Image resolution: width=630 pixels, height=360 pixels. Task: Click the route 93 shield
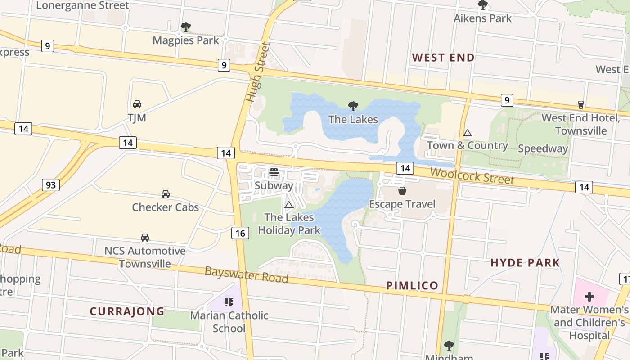(x=51, y=184)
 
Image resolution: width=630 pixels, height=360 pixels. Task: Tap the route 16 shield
(x=241, y=233)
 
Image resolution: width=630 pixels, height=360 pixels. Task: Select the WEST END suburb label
(x=443, y=58)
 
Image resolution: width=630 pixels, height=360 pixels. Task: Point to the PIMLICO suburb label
(x=412, y=285)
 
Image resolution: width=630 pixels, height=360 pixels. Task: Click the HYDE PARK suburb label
(x=525, y=263)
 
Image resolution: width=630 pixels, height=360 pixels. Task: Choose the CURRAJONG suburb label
(x=127, y=311)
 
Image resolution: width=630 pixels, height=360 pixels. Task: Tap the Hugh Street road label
(x=258, y=72)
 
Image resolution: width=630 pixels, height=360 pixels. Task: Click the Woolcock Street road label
(x=472, y=175)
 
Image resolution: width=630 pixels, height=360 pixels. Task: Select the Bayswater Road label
(x=246, y=274)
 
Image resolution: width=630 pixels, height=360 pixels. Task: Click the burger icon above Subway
(x=274, y=172)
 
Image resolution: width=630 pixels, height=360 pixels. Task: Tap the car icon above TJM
(x=137, y=104)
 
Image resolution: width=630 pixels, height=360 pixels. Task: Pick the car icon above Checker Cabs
(x=166, y=194)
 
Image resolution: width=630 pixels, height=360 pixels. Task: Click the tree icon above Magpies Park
(x=185, y=27)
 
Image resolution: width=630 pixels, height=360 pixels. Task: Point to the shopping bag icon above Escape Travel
(x=402, y=191)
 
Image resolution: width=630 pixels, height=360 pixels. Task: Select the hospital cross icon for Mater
(x=589, y=297)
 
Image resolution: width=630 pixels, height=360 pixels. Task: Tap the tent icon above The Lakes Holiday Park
(x=289, y=205)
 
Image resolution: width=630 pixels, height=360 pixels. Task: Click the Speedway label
(x=543, y=148)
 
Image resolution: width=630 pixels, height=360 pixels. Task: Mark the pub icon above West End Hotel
(x=581, y=104)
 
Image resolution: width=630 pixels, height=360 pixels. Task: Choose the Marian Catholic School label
(x=229, y=322)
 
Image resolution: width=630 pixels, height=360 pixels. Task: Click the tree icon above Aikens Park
(x=483, y=5)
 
